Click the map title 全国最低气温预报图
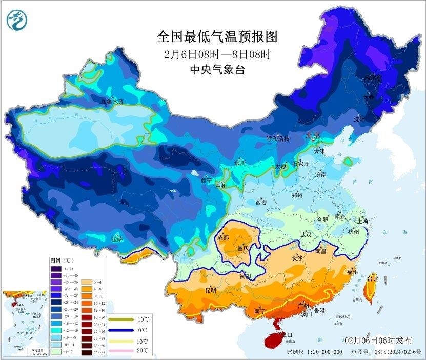tap(217, 36)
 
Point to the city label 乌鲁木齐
tap(112, 102)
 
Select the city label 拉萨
tap(117, 238)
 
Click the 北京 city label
tap(313, 136)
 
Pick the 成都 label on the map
tap(223, 237)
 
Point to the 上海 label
tap(363, 221)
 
